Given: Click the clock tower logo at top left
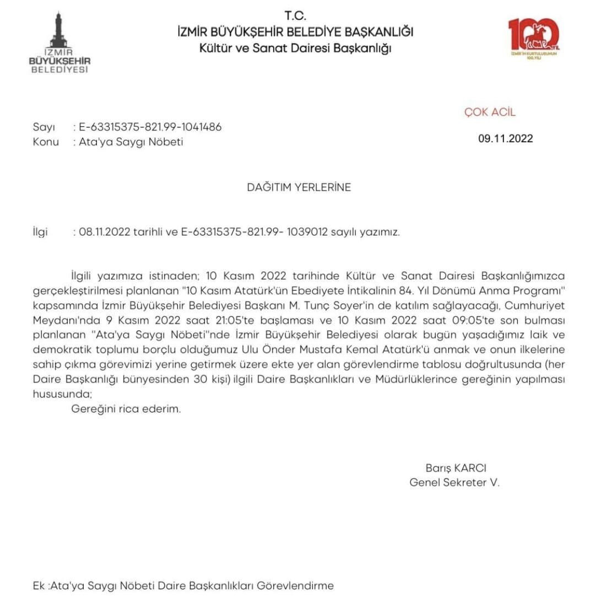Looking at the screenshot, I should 59,43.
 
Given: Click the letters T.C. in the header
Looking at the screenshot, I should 295,15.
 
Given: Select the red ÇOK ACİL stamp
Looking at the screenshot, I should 490,112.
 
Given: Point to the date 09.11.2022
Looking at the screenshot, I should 505,138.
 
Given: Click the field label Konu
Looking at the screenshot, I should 46,142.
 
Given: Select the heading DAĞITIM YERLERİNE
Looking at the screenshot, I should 299,187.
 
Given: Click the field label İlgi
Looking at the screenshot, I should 40,232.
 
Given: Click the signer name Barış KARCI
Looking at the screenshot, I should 456,468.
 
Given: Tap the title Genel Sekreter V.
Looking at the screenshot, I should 455,482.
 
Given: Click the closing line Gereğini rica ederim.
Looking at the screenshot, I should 126,410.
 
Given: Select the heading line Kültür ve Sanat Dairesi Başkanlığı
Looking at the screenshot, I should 295,48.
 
